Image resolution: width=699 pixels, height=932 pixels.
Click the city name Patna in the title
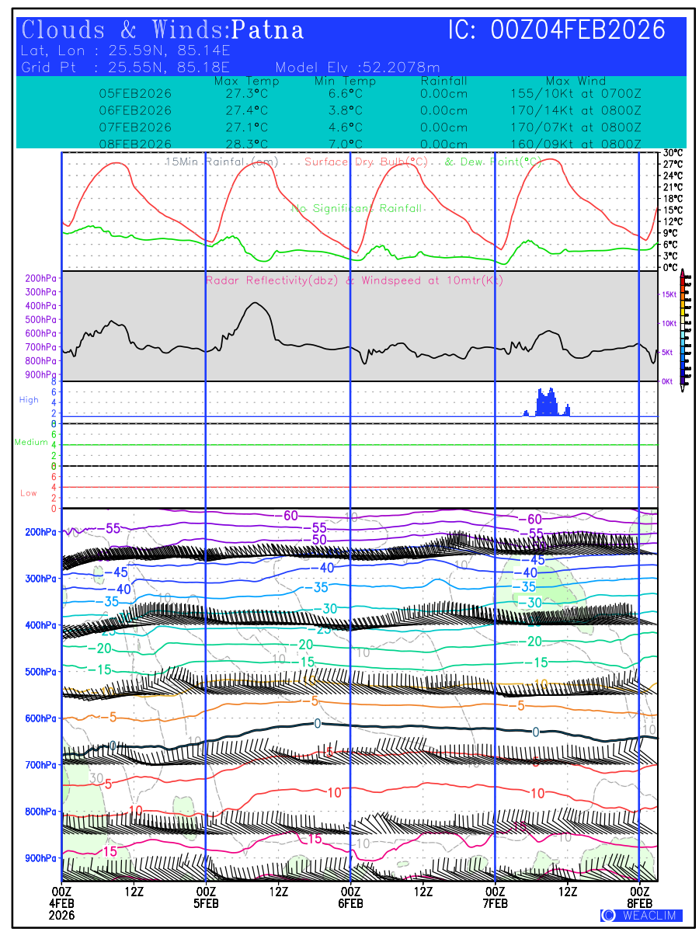tap(268, 30)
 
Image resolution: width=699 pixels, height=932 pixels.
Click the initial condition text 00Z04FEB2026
tap(579, 30)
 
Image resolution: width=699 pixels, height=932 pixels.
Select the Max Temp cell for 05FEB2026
tap(242, 93)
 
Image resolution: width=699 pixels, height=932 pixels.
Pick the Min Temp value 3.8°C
tap(346, 110)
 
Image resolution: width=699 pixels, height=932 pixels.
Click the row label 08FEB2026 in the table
tap(135, 144)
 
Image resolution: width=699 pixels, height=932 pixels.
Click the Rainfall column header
tap(443, 82)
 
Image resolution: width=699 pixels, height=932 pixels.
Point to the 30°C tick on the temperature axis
tap(673, 153)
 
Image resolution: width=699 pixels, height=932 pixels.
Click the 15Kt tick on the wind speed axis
tap(668, 294)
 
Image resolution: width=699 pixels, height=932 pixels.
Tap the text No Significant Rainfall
tap(356, 209)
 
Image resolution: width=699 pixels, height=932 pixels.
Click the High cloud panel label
tap(29, 400)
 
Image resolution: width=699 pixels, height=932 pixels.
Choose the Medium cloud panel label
tap(31, 443)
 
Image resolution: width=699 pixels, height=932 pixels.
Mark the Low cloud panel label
tap(29, 493)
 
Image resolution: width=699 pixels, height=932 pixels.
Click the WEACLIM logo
tap(641, 916)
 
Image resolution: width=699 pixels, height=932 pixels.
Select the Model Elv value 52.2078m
tap(396, 68)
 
